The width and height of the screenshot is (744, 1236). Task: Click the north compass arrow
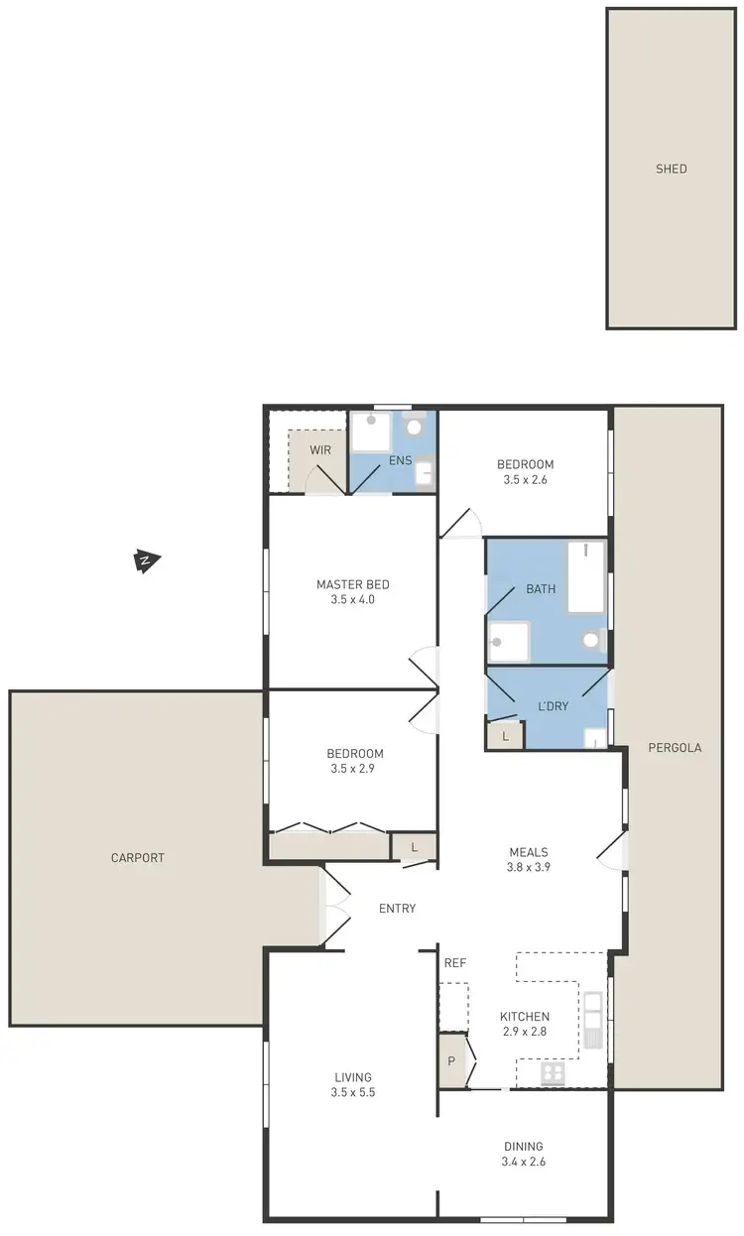[146, 562]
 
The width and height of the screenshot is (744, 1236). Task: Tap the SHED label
[671, 169]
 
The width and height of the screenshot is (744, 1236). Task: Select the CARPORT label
[137, 858]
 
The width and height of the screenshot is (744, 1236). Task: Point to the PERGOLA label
[674, 748]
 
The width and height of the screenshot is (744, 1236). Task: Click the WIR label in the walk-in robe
[319, 449]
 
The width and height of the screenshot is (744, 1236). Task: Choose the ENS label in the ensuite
[400, 460]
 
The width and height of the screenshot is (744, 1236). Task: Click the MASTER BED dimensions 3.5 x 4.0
[352, 599]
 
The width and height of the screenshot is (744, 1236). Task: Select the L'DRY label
[553, 706]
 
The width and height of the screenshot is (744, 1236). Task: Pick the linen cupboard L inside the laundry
[505, 736]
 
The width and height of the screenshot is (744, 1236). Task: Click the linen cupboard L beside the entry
[413, 846]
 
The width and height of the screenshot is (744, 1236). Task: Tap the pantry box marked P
[452, 1060]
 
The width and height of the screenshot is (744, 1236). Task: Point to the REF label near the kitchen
[455, 962]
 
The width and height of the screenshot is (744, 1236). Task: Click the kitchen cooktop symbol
[553, 1073]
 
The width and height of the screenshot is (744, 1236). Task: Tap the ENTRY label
[397, 908]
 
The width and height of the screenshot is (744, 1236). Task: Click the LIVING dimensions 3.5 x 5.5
[352, 1092]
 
